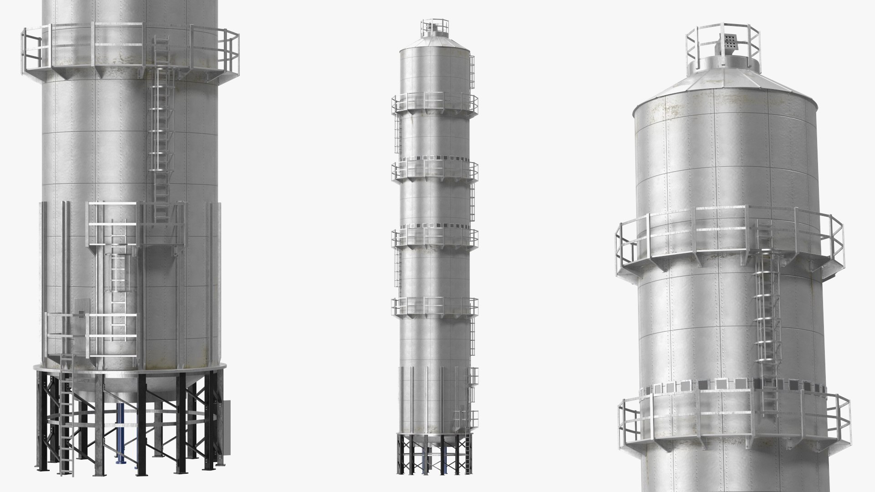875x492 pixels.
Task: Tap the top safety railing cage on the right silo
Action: (724, 41)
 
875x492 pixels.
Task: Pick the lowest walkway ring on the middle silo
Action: (435, 306)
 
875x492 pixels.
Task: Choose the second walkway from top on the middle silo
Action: (435, 169)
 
